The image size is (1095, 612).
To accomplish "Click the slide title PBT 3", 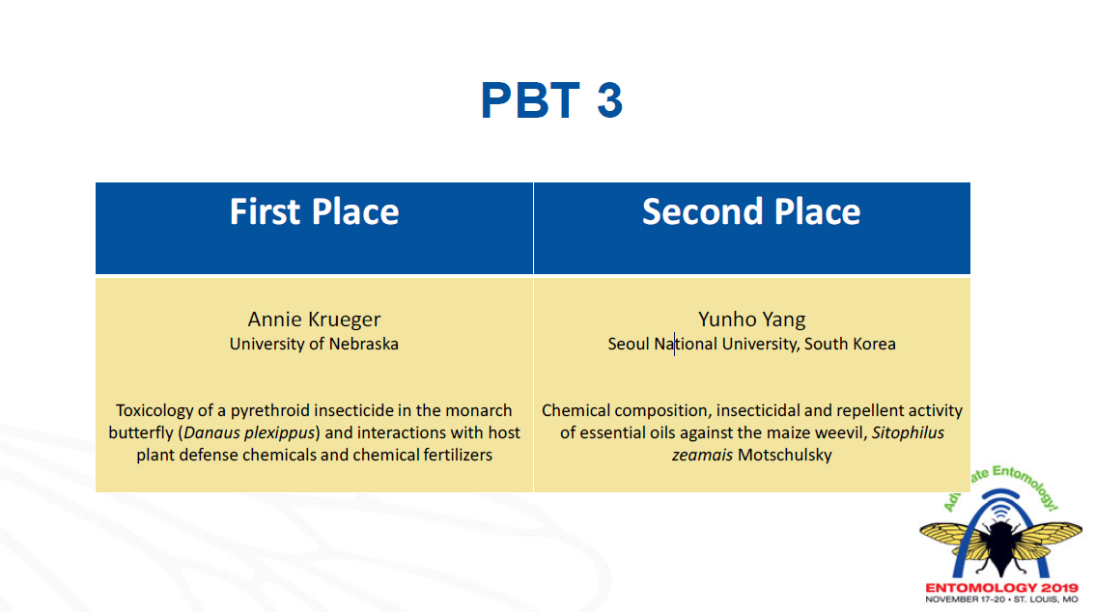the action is (x=551, y=99).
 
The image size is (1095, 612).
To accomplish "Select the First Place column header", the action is (x=314, y=211).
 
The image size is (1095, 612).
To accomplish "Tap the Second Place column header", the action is (x=751, y=211).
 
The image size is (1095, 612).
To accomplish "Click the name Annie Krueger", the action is (x=314, y=320).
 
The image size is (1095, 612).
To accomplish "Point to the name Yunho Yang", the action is (x=752, y=320).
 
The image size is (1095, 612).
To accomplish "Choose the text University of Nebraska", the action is (x=314, y=344).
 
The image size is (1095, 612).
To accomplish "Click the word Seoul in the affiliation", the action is (x=629, y=344).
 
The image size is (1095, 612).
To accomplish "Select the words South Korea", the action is (x=850, y=344).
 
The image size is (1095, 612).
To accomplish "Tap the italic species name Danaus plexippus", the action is (x=249, y=432).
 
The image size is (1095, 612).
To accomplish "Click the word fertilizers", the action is (x=458, y=455).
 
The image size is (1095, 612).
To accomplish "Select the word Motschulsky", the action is (x=785, y=455).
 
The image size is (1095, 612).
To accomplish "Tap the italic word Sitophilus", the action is (x=908, y=432).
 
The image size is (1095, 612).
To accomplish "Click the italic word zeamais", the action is (x=703, y=455).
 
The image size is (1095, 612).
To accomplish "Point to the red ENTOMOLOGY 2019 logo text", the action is (x=1001, y=588).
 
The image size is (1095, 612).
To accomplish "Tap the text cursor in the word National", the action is (x=675, y=344).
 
